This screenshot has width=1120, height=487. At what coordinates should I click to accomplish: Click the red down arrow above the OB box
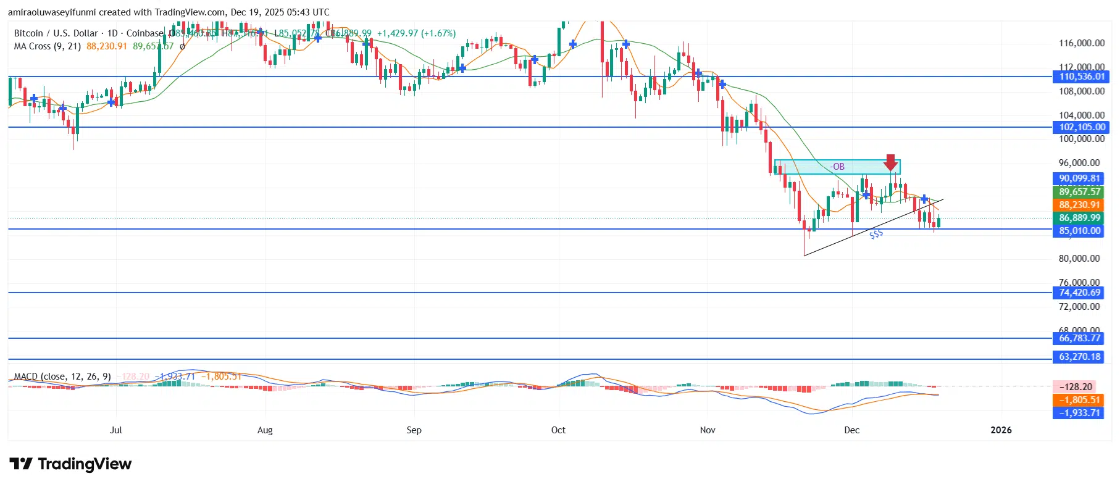pos(890,162)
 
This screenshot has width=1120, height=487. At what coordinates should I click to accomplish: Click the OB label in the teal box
pos(837,167)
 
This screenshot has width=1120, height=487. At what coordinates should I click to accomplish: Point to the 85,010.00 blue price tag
pos(1080,231)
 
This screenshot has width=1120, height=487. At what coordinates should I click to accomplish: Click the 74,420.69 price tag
pos(1080,293)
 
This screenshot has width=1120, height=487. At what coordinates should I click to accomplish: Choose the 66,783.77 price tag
pos(1080,338)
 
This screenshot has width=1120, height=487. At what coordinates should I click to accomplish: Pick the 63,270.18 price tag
pos(1080,357)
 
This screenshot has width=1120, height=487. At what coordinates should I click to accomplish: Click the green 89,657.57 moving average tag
pos(1080,192)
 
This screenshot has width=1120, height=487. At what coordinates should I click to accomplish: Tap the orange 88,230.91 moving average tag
pos(1080,205)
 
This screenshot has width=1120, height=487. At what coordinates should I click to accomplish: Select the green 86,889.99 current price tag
pos(1080,218)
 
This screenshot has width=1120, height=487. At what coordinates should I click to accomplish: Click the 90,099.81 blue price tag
pos(1080,178)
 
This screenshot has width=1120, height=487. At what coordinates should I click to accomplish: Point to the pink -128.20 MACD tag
pos(1076,387)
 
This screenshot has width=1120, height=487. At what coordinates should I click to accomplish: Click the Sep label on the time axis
pos(414,430)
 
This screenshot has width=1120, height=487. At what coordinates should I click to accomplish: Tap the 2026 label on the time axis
pos(1001,430)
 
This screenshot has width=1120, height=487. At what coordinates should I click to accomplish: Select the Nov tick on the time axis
pos(708,430)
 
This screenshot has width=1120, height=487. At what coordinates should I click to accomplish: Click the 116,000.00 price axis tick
pos(1082,43)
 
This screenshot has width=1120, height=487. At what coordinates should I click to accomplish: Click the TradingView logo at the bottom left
pos(70,464)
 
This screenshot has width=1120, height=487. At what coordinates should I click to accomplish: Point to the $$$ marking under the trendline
pos(876,235)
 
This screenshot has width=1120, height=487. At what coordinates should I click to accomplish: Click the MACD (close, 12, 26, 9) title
pos(62,377)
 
